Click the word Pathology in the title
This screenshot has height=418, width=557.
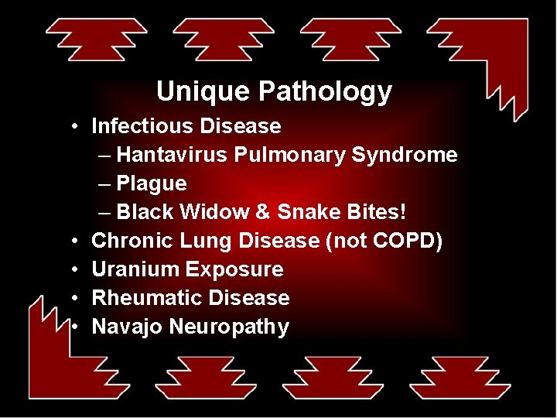[x=325, y=92]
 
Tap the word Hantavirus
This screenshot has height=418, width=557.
[x=172, y=155]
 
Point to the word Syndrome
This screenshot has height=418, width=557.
[x=405, y=155]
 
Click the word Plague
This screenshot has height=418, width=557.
[x=152, y=183]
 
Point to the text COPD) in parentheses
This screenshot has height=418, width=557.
[x=407, y=241]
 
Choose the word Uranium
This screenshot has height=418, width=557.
[x=135, y=269]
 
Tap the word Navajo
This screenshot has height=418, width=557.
[x=127, y=327]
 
